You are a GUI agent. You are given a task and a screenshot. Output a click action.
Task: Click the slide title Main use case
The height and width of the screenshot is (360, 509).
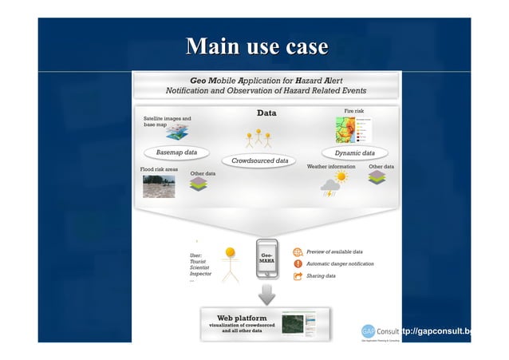[254, 46]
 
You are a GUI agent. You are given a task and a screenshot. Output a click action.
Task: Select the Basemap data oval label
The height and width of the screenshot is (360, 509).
[176, 152]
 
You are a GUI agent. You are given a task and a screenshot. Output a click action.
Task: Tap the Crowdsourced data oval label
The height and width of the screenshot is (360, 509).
[259, 161]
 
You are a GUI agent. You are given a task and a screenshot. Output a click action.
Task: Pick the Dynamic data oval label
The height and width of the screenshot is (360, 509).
[355, 152]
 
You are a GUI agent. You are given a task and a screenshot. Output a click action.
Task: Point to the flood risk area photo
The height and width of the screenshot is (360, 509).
[159, 186]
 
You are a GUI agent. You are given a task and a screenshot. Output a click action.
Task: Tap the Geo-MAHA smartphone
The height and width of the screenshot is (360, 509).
[267, 259]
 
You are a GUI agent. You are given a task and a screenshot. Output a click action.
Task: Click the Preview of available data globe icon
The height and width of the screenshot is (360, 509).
[298, 251]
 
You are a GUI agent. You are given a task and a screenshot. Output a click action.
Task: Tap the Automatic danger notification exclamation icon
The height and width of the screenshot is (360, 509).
[298, 263]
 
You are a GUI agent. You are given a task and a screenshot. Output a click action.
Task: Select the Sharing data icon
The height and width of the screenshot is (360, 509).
[298, 276]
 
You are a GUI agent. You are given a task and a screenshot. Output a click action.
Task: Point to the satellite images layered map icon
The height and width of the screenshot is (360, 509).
[180, 130]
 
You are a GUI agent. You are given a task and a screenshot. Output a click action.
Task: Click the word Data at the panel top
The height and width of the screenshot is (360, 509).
[266, 113]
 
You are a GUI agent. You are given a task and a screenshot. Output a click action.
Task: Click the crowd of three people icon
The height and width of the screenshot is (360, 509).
[258, 140]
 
